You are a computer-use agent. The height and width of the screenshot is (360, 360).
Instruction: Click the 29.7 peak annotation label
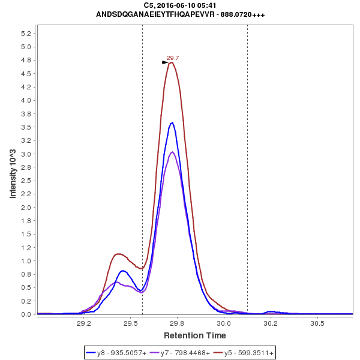point(173,58)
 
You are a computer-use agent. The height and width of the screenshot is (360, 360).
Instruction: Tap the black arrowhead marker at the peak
point(165,62)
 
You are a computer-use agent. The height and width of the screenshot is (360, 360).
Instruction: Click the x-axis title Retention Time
point(195,335)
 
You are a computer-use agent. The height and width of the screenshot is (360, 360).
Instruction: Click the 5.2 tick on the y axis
point(26,34)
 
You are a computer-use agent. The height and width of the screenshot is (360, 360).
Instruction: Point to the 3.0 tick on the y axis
point(26,154)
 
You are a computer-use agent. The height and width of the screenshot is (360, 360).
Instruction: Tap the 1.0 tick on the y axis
point(26,261)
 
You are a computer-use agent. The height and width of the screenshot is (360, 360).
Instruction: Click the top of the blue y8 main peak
point(173,122)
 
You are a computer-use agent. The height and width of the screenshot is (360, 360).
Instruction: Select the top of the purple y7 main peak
point(172,152)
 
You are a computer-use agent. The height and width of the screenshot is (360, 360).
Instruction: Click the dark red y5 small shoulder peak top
point(118,254)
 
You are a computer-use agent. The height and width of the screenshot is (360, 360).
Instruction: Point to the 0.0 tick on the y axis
point(26,314)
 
